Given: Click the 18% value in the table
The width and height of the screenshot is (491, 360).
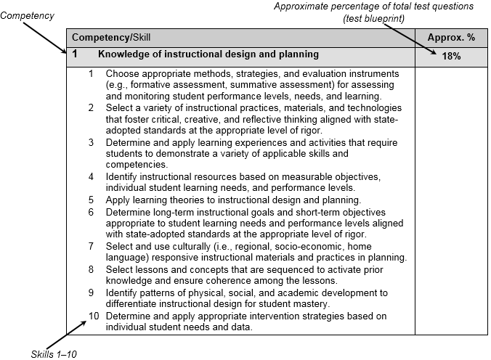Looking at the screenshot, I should coord(451,57).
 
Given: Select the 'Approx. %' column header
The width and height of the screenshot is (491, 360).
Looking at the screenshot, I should coord(451,36).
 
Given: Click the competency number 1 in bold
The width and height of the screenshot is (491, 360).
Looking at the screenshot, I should coord(76,54).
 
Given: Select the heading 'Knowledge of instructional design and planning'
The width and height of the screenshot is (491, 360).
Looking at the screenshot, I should coord(208,54).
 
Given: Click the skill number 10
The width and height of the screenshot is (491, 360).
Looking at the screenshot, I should coord(93,316).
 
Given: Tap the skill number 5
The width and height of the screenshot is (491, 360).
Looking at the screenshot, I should coord(91,200).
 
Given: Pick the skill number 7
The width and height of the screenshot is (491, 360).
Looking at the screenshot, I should coord(91,247).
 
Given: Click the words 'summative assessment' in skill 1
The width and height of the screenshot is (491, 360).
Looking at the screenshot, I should coord(261,84).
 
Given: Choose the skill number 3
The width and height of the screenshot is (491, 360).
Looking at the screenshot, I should coord(91,142).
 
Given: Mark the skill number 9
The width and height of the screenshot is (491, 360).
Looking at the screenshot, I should coord(91,292).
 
